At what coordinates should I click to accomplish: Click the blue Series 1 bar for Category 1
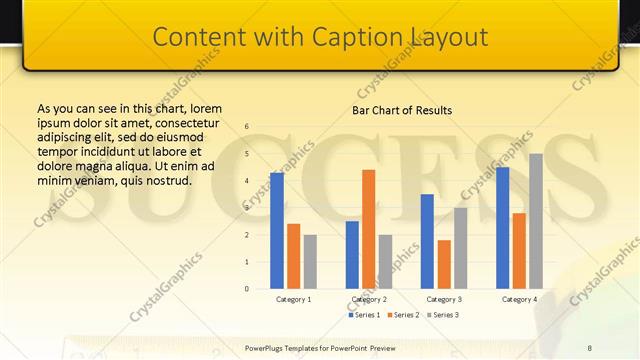[x=277, y=231]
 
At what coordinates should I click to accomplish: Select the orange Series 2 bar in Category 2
[x=368, y=229]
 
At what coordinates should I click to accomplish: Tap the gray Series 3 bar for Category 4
[x=536, y=221]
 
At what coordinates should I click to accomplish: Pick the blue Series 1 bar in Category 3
[x=427, y=241]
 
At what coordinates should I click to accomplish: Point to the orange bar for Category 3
[x=444, y=264]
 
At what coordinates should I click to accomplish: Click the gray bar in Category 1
[x=310, y=262]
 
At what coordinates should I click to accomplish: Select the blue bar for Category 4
[x=502, y=228]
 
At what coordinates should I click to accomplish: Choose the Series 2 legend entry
[x=404, y=315]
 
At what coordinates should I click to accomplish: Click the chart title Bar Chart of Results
[x=402, y=110]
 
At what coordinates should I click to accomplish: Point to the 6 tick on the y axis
[x=247, y=127]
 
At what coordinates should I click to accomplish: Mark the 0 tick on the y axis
[x=247, y=289]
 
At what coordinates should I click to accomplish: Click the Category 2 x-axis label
[x=369, y=299]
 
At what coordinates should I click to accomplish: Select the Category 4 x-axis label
[x=519, y=299]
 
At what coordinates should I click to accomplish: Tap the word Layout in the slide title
[x=449, y=37]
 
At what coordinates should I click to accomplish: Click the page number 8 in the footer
[x=589, y=347]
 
